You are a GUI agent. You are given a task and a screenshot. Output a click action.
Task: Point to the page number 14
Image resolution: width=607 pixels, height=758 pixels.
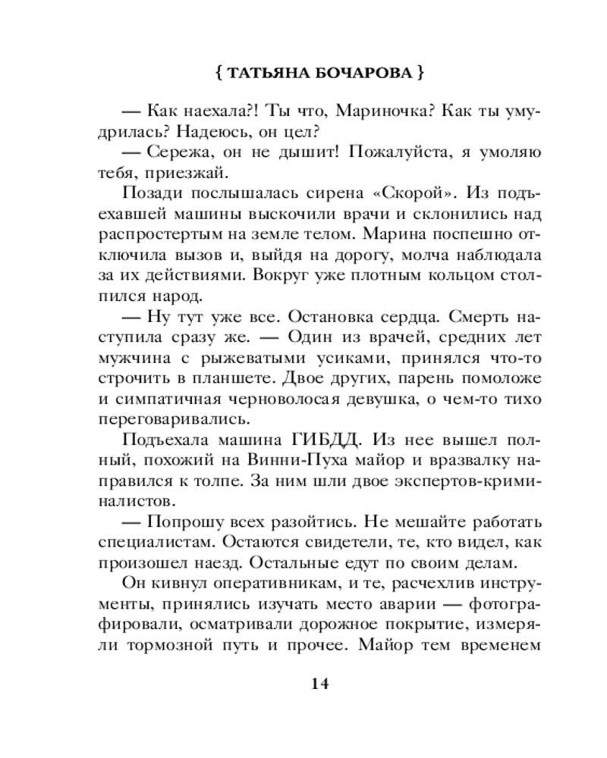pos(319,684)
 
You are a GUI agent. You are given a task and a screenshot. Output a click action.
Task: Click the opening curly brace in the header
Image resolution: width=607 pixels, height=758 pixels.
pos(218,75)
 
